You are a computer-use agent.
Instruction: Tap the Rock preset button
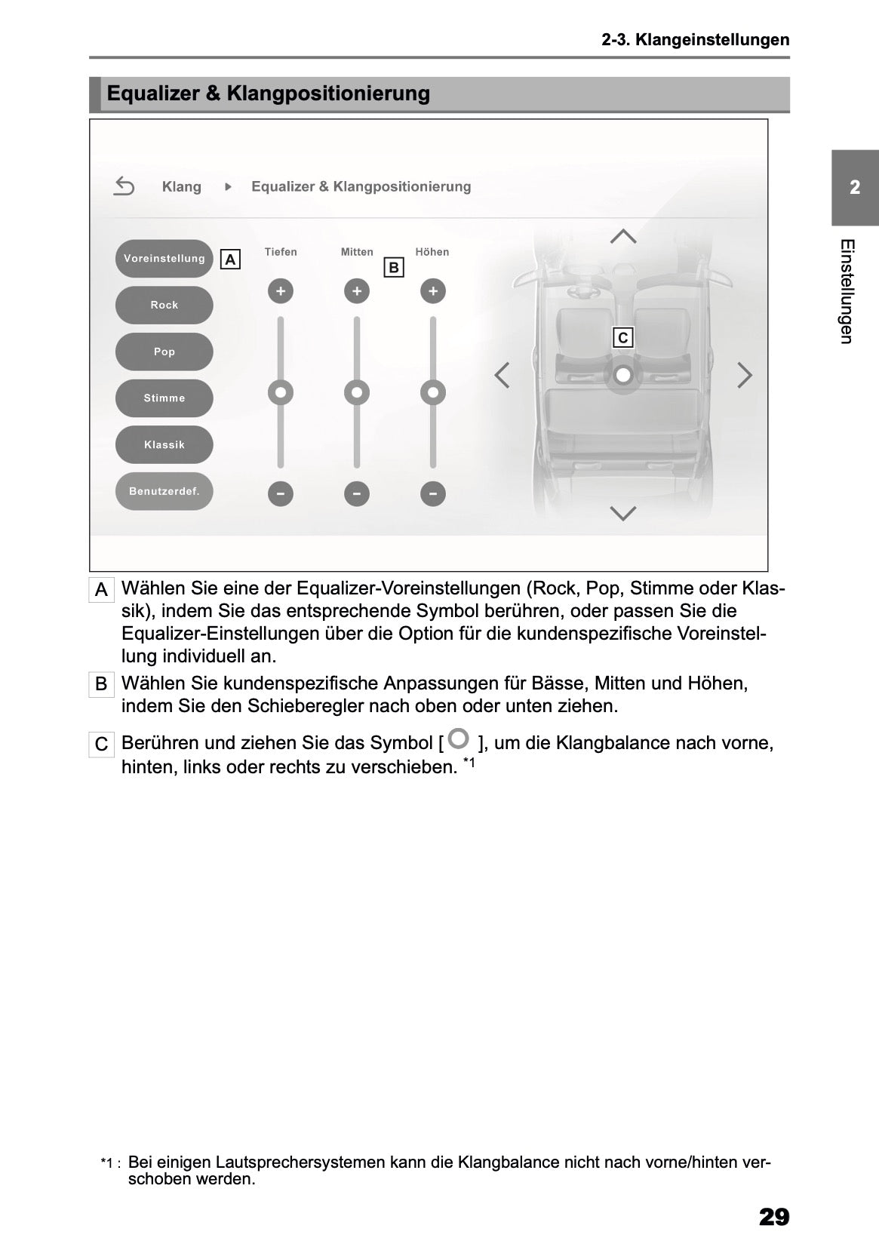164,305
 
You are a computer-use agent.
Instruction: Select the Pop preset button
164,352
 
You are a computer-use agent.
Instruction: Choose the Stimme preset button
164,398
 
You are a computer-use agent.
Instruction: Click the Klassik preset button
164,445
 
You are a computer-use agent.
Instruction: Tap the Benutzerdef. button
164,491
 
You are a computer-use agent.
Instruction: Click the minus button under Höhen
432,494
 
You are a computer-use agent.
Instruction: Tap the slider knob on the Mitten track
356,392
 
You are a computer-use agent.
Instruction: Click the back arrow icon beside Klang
124,186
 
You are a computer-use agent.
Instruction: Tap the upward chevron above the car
622,236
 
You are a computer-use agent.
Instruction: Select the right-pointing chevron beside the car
744,374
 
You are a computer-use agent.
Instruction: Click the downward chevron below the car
622,514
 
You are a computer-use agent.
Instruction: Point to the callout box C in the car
622,338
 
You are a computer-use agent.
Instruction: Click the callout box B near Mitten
393,267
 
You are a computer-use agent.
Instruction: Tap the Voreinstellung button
164,259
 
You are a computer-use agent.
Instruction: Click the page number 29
773,1217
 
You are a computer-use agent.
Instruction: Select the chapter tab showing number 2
854,187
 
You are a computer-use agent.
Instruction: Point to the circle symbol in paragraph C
458,739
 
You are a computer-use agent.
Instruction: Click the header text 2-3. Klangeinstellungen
695,40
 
